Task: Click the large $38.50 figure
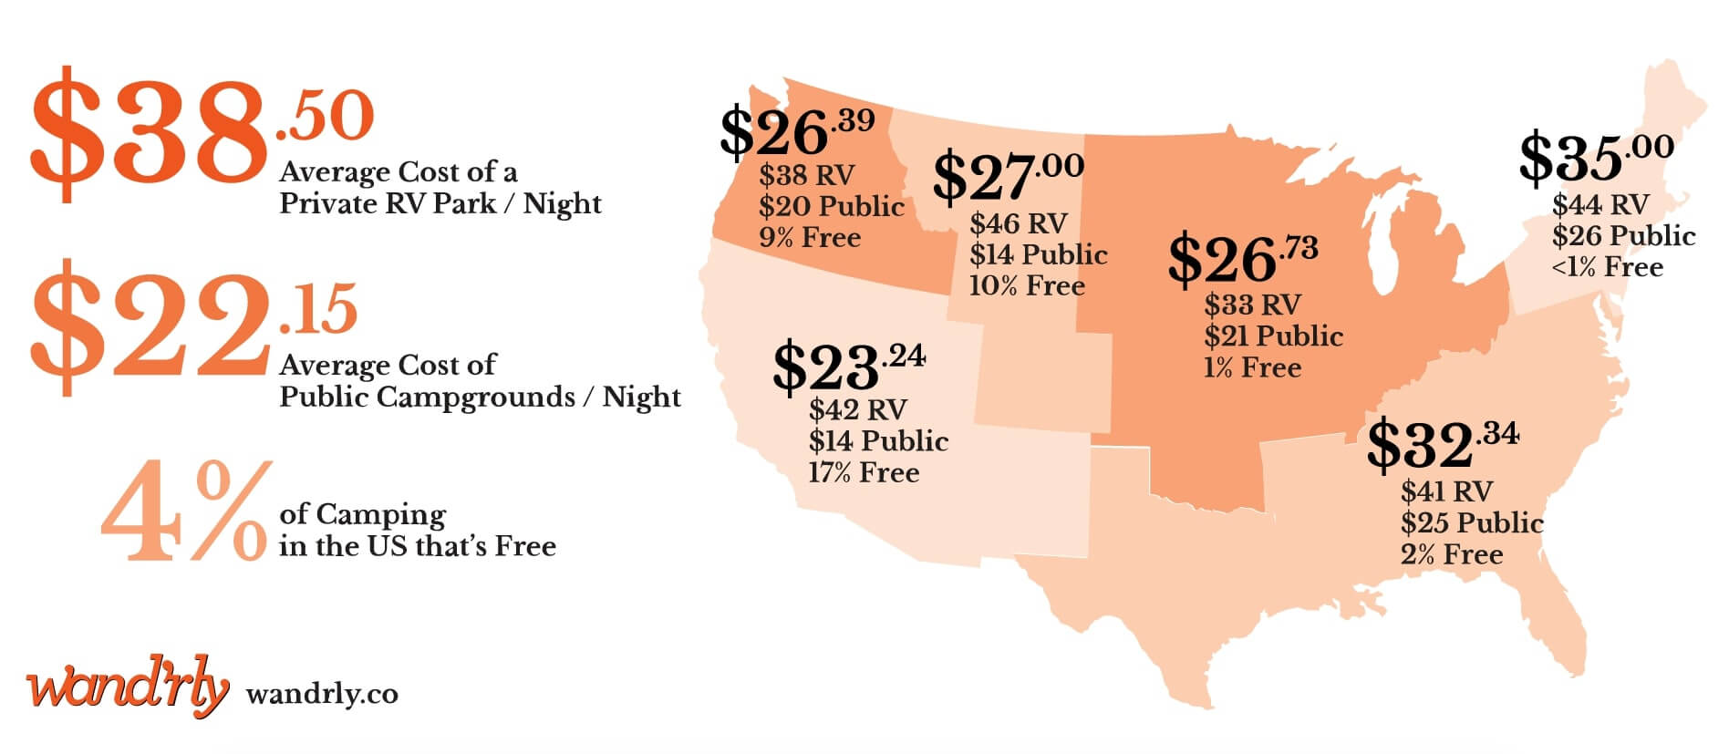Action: tap(201, 132)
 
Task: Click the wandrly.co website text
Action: tap(322, 695)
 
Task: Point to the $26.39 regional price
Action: tap(796, 131)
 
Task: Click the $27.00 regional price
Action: tap(1007, 177)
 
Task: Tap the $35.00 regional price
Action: tap(1595, 157)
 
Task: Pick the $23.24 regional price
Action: tap(848, 367)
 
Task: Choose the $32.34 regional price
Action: tap(1442, 443)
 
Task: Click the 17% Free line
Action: tap(864, 473)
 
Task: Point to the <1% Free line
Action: tap(1607, 267)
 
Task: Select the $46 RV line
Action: tap(1018, 223)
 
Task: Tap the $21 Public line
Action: tap(1273, 336)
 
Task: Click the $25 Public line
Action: tap(1472, 523)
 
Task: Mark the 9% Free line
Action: tap(810, 238)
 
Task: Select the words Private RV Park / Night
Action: tap(440, 203)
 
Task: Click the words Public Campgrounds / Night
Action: tap(480, 398)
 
